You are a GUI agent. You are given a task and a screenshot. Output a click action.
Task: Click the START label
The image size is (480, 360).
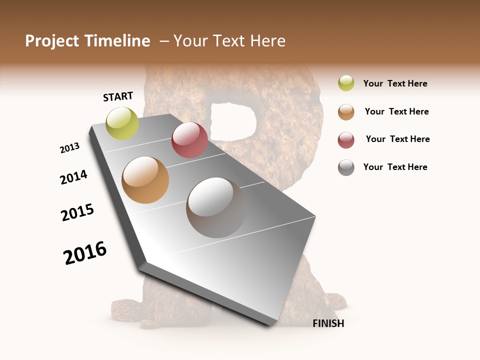point(118,96)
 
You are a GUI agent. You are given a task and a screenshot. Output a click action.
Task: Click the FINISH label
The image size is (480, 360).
point(328,323)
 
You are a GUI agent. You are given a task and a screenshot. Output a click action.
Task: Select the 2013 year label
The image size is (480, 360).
point(70,147)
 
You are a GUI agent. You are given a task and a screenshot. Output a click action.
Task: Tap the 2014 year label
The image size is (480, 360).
point(74,177)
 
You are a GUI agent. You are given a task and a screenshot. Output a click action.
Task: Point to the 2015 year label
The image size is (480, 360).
point(77,212)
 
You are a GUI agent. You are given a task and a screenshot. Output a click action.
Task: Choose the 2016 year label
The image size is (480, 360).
point(85,252)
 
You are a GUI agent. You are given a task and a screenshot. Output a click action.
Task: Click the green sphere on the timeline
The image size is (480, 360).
point(122,123)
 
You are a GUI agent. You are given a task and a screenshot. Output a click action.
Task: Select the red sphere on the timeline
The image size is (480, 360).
point(189,140)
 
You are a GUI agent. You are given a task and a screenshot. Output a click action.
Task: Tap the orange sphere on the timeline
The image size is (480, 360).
point(145,180)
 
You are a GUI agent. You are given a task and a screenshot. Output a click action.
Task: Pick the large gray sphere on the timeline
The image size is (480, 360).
point(216,207)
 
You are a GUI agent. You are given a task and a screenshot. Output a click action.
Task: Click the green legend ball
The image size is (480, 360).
point(346,83)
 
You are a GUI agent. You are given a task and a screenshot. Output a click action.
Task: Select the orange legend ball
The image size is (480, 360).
point(346,111)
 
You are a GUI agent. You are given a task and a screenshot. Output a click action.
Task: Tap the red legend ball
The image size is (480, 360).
point(346,139)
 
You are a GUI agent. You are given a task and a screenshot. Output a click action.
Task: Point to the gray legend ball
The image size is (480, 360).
point(346,167)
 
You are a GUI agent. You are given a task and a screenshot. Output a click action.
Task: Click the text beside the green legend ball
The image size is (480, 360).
point(395,83)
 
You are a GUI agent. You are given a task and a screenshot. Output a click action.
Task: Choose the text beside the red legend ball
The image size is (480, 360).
point(397,139)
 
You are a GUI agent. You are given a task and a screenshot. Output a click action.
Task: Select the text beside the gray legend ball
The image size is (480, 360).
point(395,167)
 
